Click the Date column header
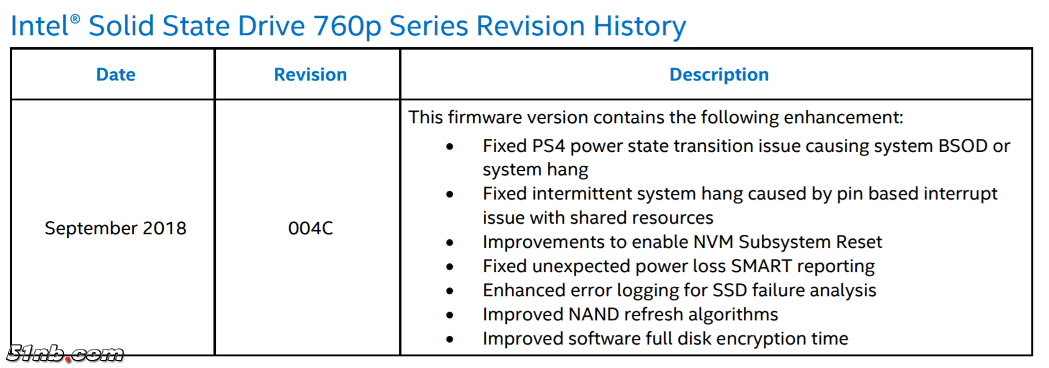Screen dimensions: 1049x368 click(115, 75)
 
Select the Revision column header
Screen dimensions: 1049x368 click(311, 75)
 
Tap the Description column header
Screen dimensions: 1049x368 click(720, 75)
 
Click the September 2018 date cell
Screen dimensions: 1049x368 click(115, 228)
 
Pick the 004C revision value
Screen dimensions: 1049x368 click(311, 228)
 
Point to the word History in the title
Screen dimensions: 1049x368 click(640, 26)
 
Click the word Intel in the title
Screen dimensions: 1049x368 click(39, 26)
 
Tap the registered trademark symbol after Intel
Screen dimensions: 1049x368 click(75, 19)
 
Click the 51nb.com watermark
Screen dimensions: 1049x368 click(65, 354)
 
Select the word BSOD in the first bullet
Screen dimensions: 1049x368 click(963, 146)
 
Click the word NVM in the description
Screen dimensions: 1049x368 click(713, 242)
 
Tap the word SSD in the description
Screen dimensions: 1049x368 click(730, 291)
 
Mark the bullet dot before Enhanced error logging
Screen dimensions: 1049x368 click(450, 291)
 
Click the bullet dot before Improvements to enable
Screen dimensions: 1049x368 click(450, 243)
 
